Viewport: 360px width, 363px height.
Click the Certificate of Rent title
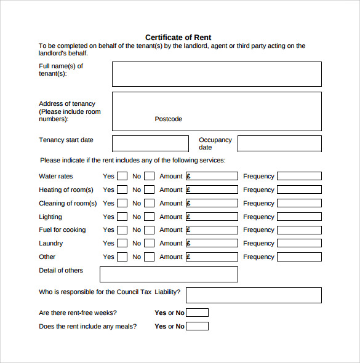(178, 38)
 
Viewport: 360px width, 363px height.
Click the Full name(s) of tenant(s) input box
(217, 74)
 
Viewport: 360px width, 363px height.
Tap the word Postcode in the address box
(168, 119)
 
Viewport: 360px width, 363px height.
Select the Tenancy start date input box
(150, 143)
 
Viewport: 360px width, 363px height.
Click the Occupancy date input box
(279, 143)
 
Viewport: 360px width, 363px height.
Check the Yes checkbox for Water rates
(122, 176)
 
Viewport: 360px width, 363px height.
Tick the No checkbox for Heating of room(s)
(149, 189)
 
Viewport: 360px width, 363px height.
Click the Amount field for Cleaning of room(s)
(212, 203)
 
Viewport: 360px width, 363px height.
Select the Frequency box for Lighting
(299, 217)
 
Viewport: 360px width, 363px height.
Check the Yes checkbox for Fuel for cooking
(122, 229)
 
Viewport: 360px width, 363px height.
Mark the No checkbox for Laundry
(149, 243)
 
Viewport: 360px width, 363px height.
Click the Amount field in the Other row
(212, 257)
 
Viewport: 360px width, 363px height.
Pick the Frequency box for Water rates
(299, 176)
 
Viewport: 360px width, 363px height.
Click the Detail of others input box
(169, 274)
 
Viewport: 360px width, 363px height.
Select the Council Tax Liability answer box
(254, 295)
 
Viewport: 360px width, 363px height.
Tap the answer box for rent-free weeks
(197, 313)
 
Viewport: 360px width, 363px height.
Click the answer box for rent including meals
(197, 326)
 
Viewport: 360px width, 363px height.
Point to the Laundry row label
(51, 243)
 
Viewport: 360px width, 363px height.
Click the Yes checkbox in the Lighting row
(122, 217)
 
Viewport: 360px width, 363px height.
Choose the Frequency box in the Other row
(299, 257)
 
